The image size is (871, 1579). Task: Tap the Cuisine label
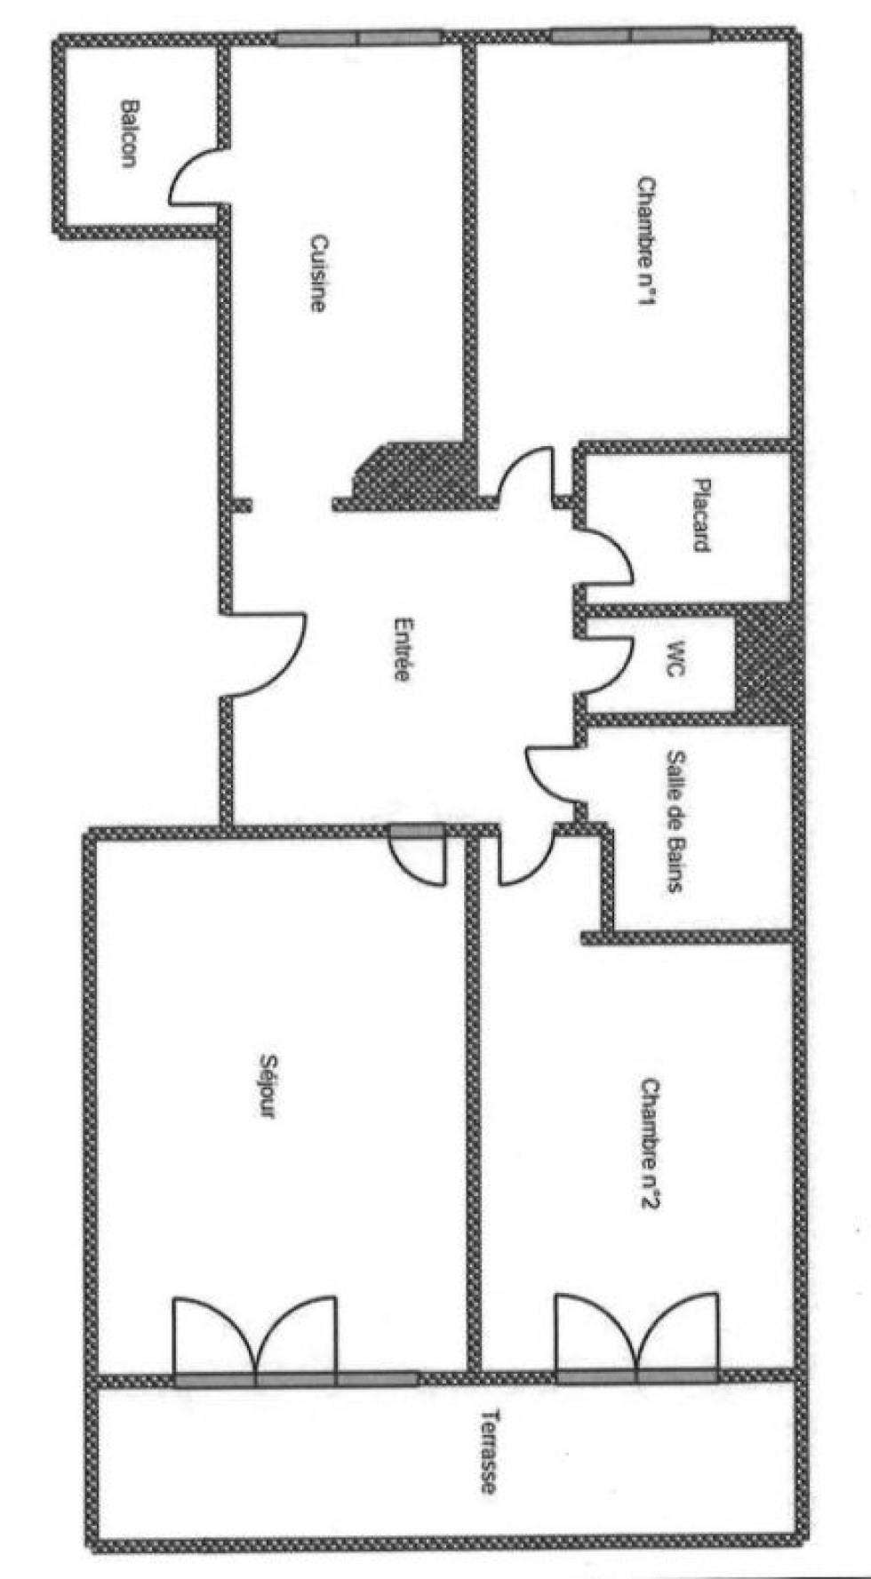(x=317, y=272)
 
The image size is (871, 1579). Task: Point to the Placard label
(x=702, y=515)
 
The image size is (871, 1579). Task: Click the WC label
(x=677, y=658)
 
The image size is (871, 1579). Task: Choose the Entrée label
(x=402, y=649)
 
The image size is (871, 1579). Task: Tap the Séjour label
(x=266, y=1085)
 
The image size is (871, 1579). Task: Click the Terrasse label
(x=488, y=1451)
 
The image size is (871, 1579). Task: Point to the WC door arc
(x=618, y=659)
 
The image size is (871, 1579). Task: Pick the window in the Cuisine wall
(x=357, y=38)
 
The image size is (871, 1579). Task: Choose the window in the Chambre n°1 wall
(x=631, y=36)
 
